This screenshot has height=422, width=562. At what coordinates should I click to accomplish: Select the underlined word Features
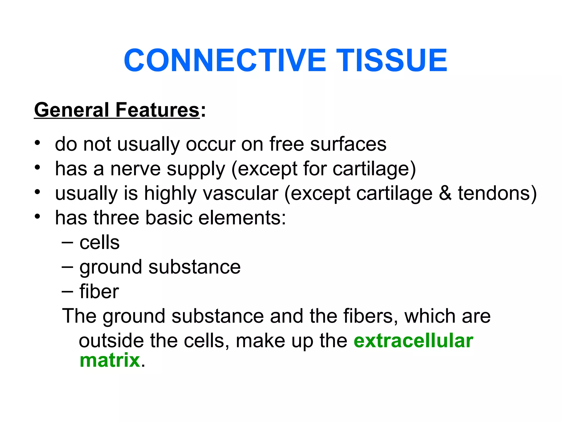point(157,110)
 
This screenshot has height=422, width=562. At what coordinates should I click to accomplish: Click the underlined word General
point(72,110)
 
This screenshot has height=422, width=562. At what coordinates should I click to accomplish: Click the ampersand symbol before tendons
point(445,193)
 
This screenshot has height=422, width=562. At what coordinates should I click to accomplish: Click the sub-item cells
point(99,243)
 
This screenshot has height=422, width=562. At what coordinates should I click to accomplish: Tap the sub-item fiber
point(99,291)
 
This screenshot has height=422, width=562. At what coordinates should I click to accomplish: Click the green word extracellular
point(413,341)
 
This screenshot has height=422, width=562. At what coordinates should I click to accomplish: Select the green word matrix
point(110,360)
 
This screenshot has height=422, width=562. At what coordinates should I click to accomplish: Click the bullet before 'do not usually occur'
point(38,143)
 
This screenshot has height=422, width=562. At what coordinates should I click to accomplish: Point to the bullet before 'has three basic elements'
point(38,216)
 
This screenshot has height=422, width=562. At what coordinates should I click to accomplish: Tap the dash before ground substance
point(67,267)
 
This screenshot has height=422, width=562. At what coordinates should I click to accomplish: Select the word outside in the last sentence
point(111,341)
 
